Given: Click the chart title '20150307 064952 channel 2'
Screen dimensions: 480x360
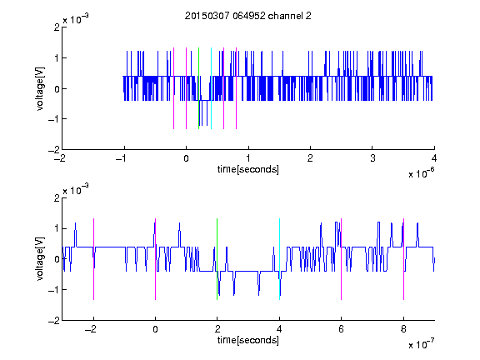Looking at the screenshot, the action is (248, 16).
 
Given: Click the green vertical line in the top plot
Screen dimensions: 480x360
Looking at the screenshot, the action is (198, 88).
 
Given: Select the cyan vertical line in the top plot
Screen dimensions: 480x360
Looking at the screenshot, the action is (211, 88).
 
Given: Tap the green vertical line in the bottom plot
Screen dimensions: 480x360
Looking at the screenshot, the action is (217, 259).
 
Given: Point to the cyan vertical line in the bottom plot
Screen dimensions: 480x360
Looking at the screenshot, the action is (279, 259).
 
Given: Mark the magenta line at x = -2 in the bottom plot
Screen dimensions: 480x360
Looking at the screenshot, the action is (93, 259).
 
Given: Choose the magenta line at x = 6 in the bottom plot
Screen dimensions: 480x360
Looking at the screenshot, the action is (342, 259).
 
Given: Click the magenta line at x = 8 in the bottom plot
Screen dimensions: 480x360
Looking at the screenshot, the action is (404, 259).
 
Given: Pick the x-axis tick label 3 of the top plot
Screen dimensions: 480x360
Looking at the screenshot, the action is (372, 158).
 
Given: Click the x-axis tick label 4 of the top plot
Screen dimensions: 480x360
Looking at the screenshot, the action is (434, 158).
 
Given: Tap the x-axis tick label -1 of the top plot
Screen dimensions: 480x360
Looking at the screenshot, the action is (122, 158).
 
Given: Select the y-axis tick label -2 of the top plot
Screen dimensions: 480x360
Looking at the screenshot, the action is (54, 150).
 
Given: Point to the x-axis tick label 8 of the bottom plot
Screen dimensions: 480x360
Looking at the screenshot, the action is (404, 329).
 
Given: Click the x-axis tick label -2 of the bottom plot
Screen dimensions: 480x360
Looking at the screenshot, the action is (91, 329).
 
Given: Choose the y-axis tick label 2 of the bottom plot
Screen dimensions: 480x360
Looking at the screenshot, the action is (57, 198).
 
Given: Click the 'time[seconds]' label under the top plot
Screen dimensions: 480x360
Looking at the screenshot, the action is (248, 169).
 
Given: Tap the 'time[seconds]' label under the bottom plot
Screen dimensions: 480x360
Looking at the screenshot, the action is (248, 340).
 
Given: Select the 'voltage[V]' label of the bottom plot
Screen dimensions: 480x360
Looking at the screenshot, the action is (40, 259).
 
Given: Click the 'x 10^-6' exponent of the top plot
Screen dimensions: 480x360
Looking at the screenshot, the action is (422, 172).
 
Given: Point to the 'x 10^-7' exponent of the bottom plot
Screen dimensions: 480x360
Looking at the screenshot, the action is (422, 343).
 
